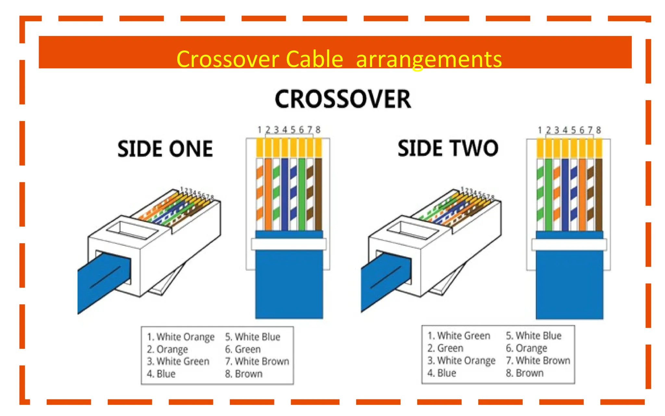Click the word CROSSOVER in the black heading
click(343, 99)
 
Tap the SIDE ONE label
click(165, 149)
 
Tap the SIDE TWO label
click(448, 148)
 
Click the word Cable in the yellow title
click(314, 59)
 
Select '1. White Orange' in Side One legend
click(181, 337)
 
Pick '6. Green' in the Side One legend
click(243, 349)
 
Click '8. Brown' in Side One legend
click(244, 374)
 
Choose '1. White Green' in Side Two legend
click(458, 336)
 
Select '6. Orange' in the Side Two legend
click(526, 348)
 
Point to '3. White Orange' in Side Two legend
click(461, 360)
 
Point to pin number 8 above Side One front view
click(318, 130)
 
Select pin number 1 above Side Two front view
click(540, 130)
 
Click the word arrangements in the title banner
click(429, 59)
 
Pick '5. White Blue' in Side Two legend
click(533, 336)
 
